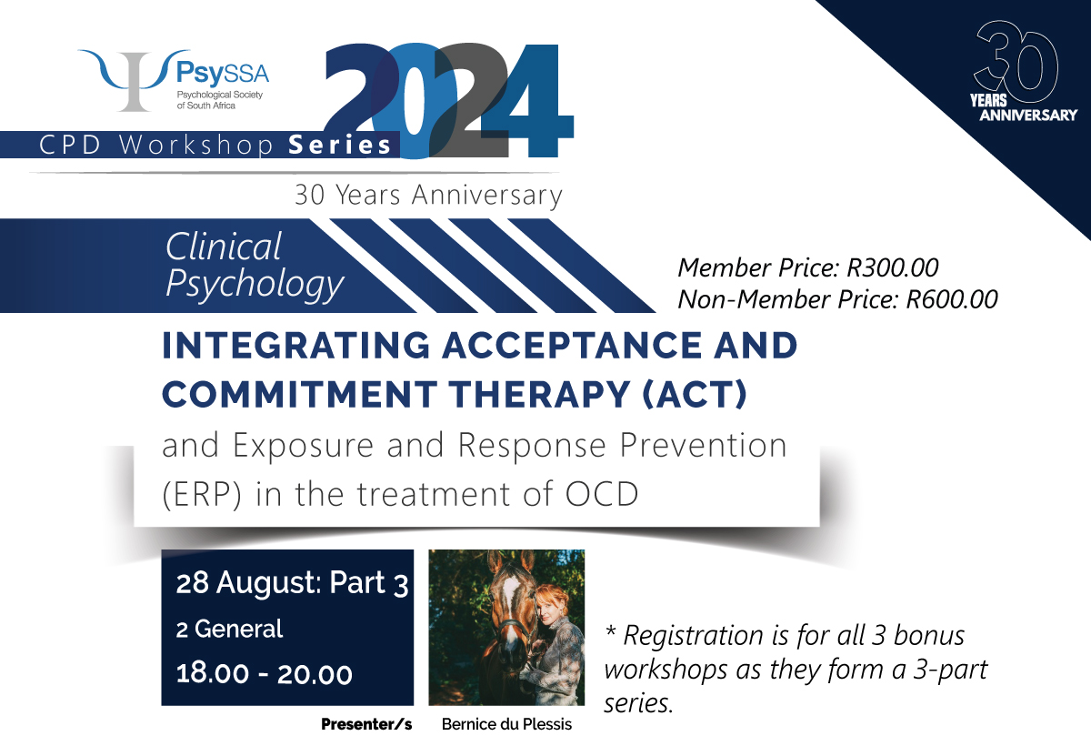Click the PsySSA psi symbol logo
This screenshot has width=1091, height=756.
(134, 80)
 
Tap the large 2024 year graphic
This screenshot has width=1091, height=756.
(448, 101)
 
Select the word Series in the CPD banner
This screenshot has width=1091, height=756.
(340, 146)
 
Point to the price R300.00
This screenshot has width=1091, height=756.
(893, 268)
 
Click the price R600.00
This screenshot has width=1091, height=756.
(952, 299)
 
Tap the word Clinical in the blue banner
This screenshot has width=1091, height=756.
(223, 247)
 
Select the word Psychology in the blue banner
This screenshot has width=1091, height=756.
(255, 284)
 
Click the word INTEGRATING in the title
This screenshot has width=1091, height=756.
(296, 345)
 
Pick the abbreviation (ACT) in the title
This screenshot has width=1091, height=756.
(695, 394)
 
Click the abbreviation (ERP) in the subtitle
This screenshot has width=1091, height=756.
(202, 494)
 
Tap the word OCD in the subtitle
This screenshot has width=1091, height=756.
(602, 494)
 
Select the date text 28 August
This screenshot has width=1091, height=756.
(247, 583)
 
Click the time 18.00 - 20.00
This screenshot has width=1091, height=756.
(264, 674)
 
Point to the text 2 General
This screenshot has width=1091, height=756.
(229, 630)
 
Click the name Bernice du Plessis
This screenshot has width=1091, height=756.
(506, 724)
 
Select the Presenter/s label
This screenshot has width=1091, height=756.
(366, 725)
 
